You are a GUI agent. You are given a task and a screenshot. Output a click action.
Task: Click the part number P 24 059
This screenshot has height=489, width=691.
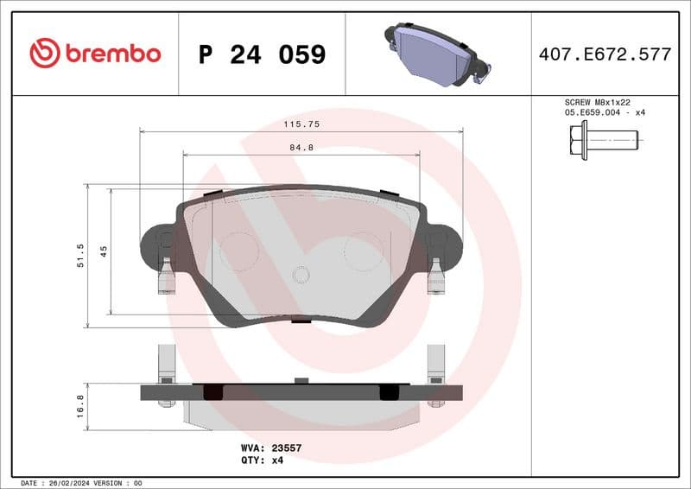click(x=262, y=54)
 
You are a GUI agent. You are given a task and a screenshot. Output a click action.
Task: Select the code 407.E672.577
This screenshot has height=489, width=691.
click(x=605, y=54)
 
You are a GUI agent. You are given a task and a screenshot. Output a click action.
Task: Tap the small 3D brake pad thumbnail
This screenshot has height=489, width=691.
click(x=437, y=54)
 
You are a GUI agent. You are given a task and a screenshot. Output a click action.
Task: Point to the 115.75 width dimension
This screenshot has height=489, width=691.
click(x=301, y=124)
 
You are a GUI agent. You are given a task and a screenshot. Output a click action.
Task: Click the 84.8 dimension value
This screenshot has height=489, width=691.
click(x=301, y=148)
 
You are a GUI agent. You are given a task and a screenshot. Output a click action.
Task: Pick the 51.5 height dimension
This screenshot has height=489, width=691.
click(x=80, y=257)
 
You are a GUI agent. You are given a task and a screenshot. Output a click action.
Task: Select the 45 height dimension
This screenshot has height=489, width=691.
click(x=104, y=251)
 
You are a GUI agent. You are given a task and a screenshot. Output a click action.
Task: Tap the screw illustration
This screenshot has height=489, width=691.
click(x=603, y=139)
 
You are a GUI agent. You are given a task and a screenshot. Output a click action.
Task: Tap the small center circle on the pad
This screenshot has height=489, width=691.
click(x=301, y=275)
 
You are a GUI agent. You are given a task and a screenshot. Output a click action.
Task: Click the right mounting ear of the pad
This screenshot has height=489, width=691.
click(x=445, y=246)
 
